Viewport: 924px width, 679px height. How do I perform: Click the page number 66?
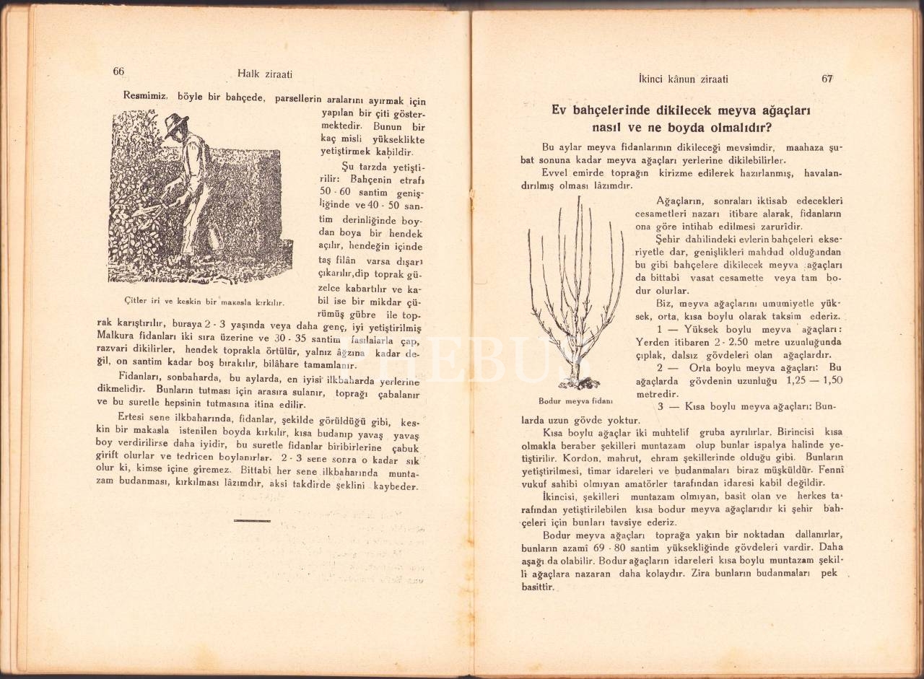pyautogui.click(x=119, y=71)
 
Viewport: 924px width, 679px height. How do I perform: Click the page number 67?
pyautogui.click(x=827, y=79)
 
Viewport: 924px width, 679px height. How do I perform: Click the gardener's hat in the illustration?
pyautogui.click(x=175, y=123)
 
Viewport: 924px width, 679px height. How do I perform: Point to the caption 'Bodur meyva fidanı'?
pyautogui.click(x=575, y=400)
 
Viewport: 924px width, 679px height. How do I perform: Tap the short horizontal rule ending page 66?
pyautogui.click(x=252, y=520)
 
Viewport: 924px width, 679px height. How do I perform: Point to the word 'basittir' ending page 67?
pyautogui.click(x=537, y=587)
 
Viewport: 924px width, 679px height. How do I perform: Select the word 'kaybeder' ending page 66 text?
pyautogui.click(x=396, y=487)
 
